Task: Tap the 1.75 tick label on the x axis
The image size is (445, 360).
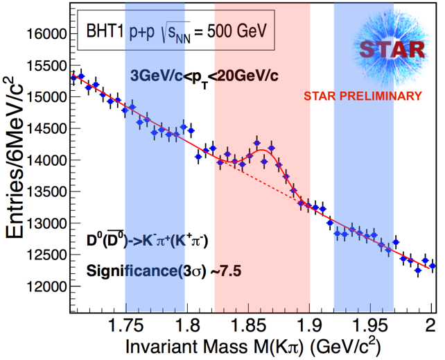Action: click(x=125, y=323)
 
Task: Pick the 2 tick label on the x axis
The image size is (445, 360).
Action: click(x=430, y=323)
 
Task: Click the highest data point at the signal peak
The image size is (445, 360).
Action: click(x=256, y=144)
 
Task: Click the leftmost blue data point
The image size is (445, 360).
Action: click(x=73, y=77)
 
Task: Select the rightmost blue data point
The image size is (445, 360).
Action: click(x=433, y=266)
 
